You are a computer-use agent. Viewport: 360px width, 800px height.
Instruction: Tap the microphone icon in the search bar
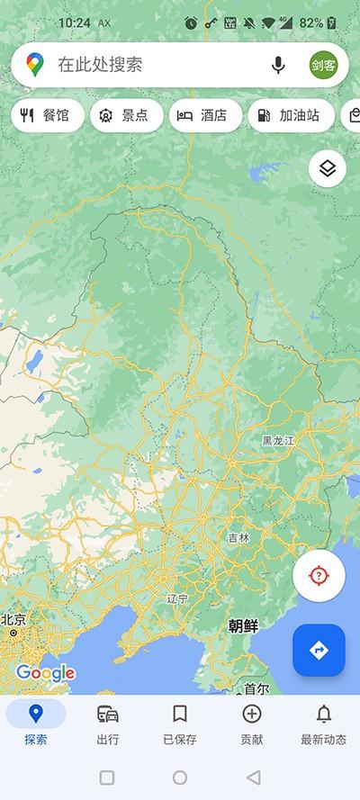click(x=278, y=65)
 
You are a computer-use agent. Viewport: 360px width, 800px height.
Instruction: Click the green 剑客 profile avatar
click(x=325, y=65)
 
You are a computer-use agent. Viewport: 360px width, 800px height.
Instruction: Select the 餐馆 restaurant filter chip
click(x=48, y=115)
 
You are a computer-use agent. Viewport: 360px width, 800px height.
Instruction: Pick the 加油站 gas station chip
click(x=290, y=115)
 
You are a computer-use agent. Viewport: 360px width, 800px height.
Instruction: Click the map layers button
click(x=328, y=168)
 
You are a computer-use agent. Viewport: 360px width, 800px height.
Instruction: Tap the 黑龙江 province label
click(x=279, y=441)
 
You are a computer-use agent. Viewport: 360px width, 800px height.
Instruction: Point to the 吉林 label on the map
click(x=238, y=537)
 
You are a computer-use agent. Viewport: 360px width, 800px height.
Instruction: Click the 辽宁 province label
click(x=177, y=598)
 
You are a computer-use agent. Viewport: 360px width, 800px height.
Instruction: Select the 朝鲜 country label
click(x=243, y=625)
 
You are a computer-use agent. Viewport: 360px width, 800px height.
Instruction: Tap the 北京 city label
click(x=13, y=619)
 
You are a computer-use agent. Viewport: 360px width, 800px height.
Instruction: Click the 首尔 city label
click(x=256, y=688)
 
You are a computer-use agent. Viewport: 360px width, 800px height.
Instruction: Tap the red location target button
click(x=319, y=576)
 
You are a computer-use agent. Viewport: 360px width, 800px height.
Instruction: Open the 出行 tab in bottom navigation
click(x=108, y=724)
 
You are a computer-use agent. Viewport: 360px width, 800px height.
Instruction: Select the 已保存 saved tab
click(x=180, y=724)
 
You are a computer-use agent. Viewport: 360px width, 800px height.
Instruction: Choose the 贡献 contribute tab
click(x=252, y=724)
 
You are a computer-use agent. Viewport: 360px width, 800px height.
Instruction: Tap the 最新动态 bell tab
click(x=323, y=724)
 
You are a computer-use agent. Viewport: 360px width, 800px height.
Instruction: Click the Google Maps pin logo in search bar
click(x=34, y=65)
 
